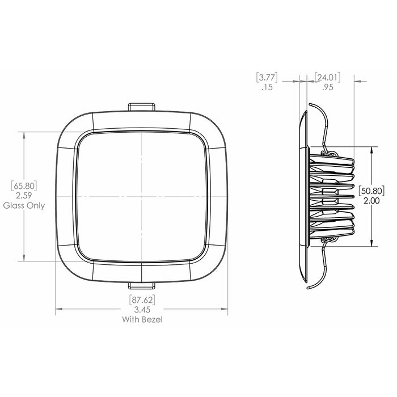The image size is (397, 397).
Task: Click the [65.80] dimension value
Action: tap(23, 185)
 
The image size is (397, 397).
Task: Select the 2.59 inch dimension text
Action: tap(23, 195)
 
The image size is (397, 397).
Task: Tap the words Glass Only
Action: tap(23, 205)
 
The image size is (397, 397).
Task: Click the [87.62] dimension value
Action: tap(142, 299)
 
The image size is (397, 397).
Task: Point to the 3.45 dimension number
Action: tap(142, 310)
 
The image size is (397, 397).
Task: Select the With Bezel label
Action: tap(142, 320)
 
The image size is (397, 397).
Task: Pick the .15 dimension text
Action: tap(267, 88)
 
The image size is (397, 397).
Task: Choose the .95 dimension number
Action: tap(327, 88)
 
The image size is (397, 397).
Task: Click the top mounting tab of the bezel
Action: tap(142, 107)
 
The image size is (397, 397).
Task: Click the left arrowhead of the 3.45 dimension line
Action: tap(58, 310)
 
